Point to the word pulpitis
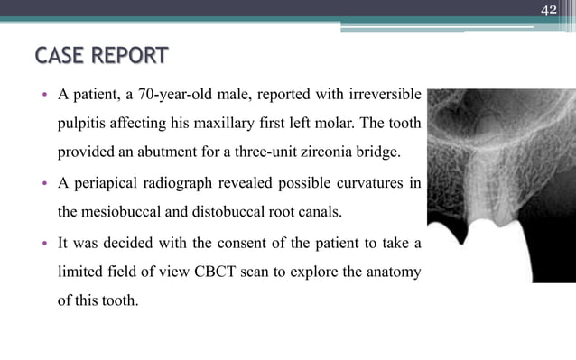pos(86,123)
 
